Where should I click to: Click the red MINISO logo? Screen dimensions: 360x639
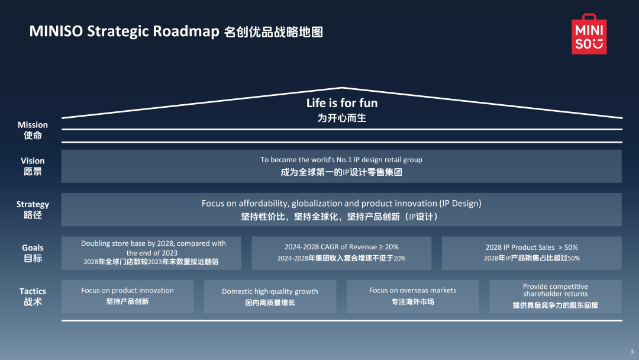[589, 34]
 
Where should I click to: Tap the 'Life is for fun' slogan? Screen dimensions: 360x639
[342, 103]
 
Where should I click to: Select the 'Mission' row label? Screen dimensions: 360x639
[33, 130]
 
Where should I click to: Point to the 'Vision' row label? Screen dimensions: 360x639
[33, 166]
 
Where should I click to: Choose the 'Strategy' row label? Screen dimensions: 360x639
[33, 209]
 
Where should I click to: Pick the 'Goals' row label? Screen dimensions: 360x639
[33, 253]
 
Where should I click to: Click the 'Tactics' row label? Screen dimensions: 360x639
[33, 296]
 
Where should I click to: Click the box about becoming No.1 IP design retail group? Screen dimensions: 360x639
[341, 166]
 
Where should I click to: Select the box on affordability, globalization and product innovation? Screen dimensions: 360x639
[341, 210]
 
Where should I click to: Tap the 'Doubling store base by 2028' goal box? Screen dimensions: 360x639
[153, 253]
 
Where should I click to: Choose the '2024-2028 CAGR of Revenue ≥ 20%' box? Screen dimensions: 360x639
[341, 253]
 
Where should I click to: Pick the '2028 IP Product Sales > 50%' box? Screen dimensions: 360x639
[531, 253]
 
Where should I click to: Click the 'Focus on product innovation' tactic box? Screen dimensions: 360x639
[127, 296]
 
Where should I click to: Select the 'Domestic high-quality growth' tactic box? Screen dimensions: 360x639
[270, 297]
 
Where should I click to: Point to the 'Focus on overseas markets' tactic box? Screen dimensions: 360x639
[412, 296]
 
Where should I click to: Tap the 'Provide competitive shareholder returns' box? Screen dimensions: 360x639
[555, 297]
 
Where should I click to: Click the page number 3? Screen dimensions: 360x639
[631, 352]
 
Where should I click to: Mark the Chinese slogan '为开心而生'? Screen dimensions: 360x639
[342, 118]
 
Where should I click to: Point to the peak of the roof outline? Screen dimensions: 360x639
[342, 88]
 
